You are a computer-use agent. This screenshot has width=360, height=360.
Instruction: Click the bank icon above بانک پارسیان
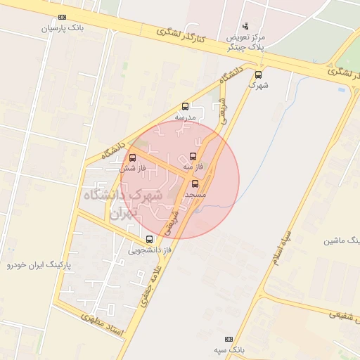tap(62, 17)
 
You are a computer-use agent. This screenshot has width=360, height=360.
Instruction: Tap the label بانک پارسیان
tap(62, 29)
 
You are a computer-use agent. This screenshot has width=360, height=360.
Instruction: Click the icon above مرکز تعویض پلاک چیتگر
tap(245, 25)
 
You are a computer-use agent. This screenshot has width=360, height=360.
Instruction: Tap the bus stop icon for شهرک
tap(258, 74)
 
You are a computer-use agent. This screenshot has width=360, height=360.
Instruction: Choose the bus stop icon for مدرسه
tap(185, 106)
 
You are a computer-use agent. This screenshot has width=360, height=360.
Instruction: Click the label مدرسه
tap(186, 117)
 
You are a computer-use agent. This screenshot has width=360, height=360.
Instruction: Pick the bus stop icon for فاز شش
tap(132, 157)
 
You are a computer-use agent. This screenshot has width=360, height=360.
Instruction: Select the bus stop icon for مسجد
tap(195, 183)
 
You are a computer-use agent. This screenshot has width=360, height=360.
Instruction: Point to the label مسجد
tap(195, 193)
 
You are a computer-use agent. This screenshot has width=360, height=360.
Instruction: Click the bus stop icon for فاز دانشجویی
tap(149, 239)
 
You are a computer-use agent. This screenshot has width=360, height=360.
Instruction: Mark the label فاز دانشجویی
tap(150, 250)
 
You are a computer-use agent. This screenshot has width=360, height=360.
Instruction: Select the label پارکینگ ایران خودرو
tap(39, 265)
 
